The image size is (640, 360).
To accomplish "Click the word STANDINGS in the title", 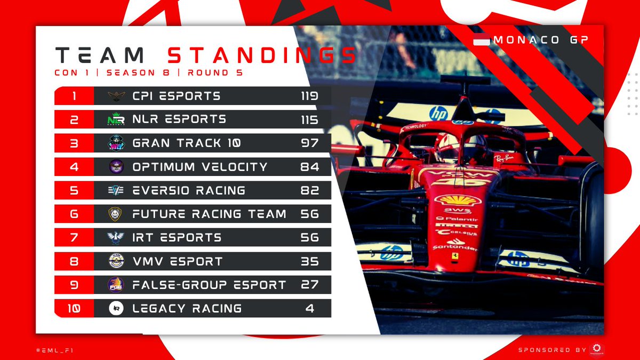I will tap(261, 55).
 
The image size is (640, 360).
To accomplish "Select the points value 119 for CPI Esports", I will tap(309, 96).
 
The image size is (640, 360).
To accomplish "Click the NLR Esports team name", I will tap(179, 119).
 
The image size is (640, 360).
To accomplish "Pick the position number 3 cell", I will tap(74, 143).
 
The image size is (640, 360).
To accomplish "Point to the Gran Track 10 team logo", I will tap(116, 143).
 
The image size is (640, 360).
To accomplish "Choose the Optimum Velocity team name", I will tap(200, 167).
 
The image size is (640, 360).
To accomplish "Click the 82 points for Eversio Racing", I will tap(309, 190).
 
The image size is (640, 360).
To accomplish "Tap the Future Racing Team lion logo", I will tap(116, 214).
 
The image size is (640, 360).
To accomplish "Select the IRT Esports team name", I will tap(177, 237).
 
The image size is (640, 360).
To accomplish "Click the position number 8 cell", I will tap(74, 261).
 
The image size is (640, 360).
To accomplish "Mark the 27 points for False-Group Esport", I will tap(309, 285).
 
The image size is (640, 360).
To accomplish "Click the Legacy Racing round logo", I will tap(116, 308).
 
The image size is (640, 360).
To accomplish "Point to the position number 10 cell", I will tap(74, 308).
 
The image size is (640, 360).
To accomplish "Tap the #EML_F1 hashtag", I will tap(54, 350).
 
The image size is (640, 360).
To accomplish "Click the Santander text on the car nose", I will tap(455, 247).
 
